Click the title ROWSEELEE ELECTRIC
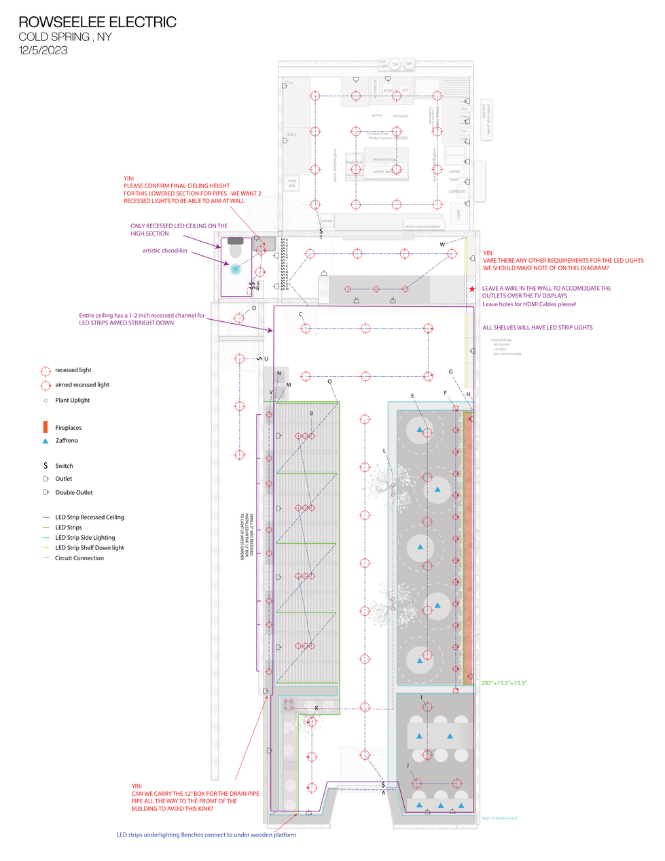coord(97,22)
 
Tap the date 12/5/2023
coord(43,50)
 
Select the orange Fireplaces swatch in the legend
coord(46,427)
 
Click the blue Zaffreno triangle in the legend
coord(46,441)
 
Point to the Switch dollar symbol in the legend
coord(46,466)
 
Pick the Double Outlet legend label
coord(74,493)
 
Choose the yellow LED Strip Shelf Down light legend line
coord(46,548)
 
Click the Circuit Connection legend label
coord(79,558)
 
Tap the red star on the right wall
coord(471,289)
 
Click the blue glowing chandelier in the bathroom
coord(236,269)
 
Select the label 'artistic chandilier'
coord(165,251)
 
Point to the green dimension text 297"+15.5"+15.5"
coord(504,683)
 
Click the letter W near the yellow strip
coord(442,244)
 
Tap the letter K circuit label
coord(317,708)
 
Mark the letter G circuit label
coord(450,372)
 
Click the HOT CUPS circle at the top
coord(383,64)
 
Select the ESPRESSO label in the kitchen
coord(457,191)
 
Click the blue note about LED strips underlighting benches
coord(206,835)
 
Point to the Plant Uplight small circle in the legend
coord(46,401)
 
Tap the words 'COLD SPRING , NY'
coord(65,37)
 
